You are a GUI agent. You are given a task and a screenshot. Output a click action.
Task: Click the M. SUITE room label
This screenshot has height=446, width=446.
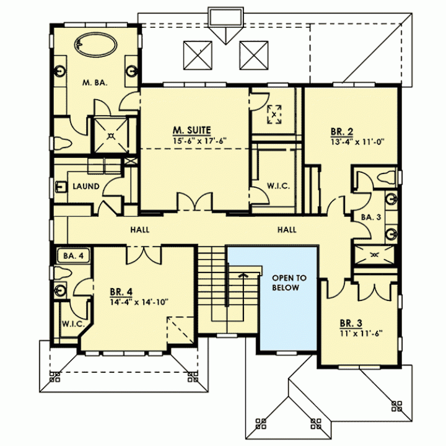click(191, 131)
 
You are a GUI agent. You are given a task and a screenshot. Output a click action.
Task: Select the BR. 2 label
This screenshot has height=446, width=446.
click(341, 132)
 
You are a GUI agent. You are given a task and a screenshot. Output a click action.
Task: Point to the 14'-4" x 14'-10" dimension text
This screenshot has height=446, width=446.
click(139, 302)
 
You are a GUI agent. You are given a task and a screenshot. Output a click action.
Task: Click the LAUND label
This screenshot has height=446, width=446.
click(86, 186)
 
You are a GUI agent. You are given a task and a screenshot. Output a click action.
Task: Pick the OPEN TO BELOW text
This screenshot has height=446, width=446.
click(289, 282)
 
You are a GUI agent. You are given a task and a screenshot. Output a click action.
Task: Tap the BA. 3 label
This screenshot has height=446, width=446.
click(371, 217)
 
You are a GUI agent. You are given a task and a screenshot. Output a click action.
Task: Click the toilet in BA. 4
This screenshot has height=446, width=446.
click(63, 273)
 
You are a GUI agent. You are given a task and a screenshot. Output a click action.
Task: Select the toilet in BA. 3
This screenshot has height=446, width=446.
click(387, 178)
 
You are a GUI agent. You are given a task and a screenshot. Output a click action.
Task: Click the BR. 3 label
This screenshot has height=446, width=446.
click(351, 323)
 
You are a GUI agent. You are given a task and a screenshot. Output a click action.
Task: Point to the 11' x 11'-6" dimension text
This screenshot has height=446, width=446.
click(361, 333)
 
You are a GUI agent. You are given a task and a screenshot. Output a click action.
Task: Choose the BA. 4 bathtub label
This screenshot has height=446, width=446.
click(73, 256)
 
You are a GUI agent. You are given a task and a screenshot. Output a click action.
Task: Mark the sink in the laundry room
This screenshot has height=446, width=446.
click(61, 187)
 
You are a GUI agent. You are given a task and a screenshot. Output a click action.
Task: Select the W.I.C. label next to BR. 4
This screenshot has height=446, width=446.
click(73, 324)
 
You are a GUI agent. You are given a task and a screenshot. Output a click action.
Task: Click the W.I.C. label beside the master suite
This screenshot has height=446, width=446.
click(278, 186)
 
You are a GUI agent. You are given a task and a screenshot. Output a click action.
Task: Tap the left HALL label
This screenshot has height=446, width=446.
click(139, 230)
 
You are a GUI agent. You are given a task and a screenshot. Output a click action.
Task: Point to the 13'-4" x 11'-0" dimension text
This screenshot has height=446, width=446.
click(357, 142)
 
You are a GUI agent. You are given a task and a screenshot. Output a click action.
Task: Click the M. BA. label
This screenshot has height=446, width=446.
click(95, 83)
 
